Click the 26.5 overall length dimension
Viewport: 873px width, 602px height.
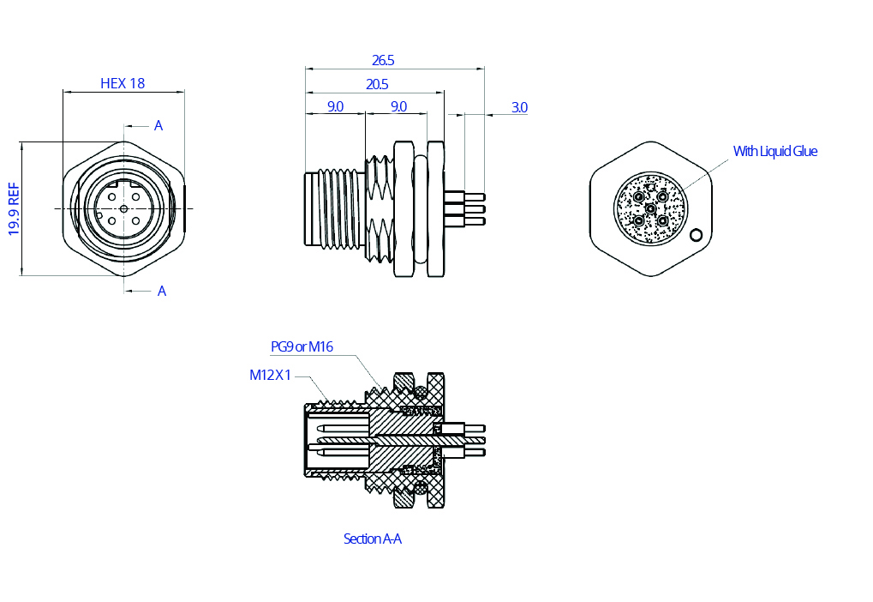383,61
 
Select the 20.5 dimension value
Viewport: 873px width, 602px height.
377,84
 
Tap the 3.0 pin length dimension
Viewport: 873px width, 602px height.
519,107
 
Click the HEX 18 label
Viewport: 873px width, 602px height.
123,83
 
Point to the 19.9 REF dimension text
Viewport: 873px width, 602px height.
14,208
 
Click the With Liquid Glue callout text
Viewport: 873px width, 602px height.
774,151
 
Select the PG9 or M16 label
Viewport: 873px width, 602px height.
302,346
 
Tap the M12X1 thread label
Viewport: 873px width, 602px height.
271,375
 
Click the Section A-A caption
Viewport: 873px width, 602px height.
372,539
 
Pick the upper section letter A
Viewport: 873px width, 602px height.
158,126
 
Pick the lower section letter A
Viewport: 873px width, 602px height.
162,292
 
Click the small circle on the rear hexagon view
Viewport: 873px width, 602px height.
697,235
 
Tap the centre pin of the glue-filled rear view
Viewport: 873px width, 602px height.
650,208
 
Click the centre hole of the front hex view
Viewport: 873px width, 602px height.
124,208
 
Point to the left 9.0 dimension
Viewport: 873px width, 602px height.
335,107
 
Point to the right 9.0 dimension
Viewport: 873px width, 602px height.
398,107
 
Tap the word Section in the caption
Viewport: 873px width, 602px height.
362,539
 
